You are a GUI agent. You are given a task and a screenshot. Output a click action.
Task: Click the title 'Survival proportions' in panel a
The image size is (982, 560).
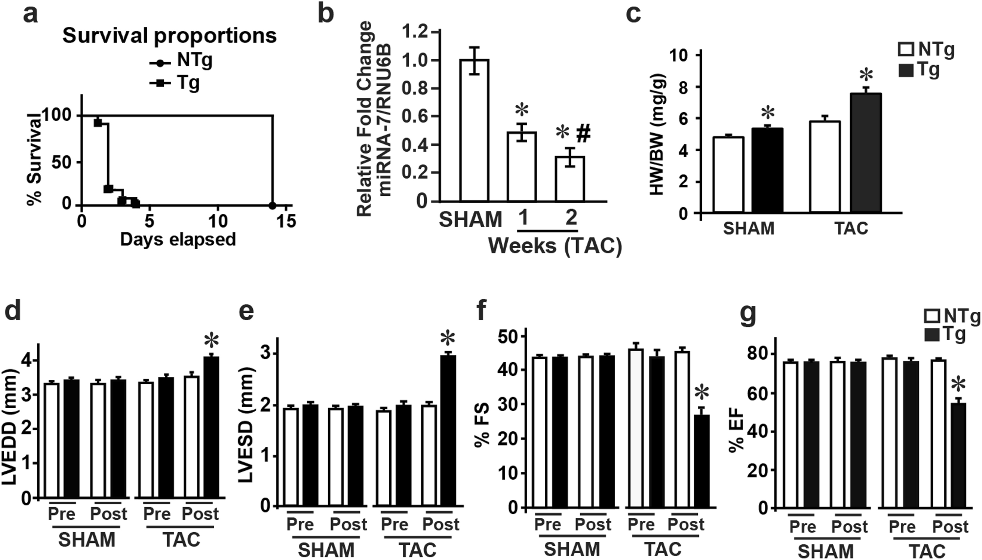[169, 36]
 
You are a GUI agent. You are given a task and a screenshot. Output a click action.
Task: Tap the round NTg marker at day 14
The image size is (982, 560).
[272, 205]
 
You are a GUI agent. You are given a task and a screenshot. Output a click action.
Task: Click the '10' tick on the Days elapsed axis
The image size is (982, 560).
[218, 221]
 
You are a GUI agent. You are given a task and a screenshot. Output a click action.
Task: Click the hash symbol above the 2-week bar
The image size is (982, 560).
[583, 133]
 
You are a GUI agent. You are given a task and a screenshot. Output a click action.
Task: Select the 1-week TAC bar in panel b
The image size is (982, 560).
[522, 166]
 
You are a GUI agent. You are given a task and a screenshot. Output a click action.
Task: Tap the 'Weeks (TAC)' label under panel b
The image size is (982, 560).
[555, 246]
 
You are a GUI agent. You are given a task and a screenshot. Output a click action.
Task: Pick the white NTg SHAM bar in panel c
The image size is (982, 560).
[728, 175]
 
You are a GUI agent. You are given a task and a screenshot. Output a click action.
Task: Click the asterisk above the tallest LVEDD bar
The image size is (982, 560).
[211, 341]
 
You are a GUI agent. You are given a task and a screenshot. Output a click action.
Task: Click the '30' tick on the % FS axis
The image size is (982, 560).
[509, 404]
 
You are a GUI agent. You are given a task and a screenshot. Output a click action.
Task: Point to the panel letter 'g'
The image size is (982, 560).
[749, 313]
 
